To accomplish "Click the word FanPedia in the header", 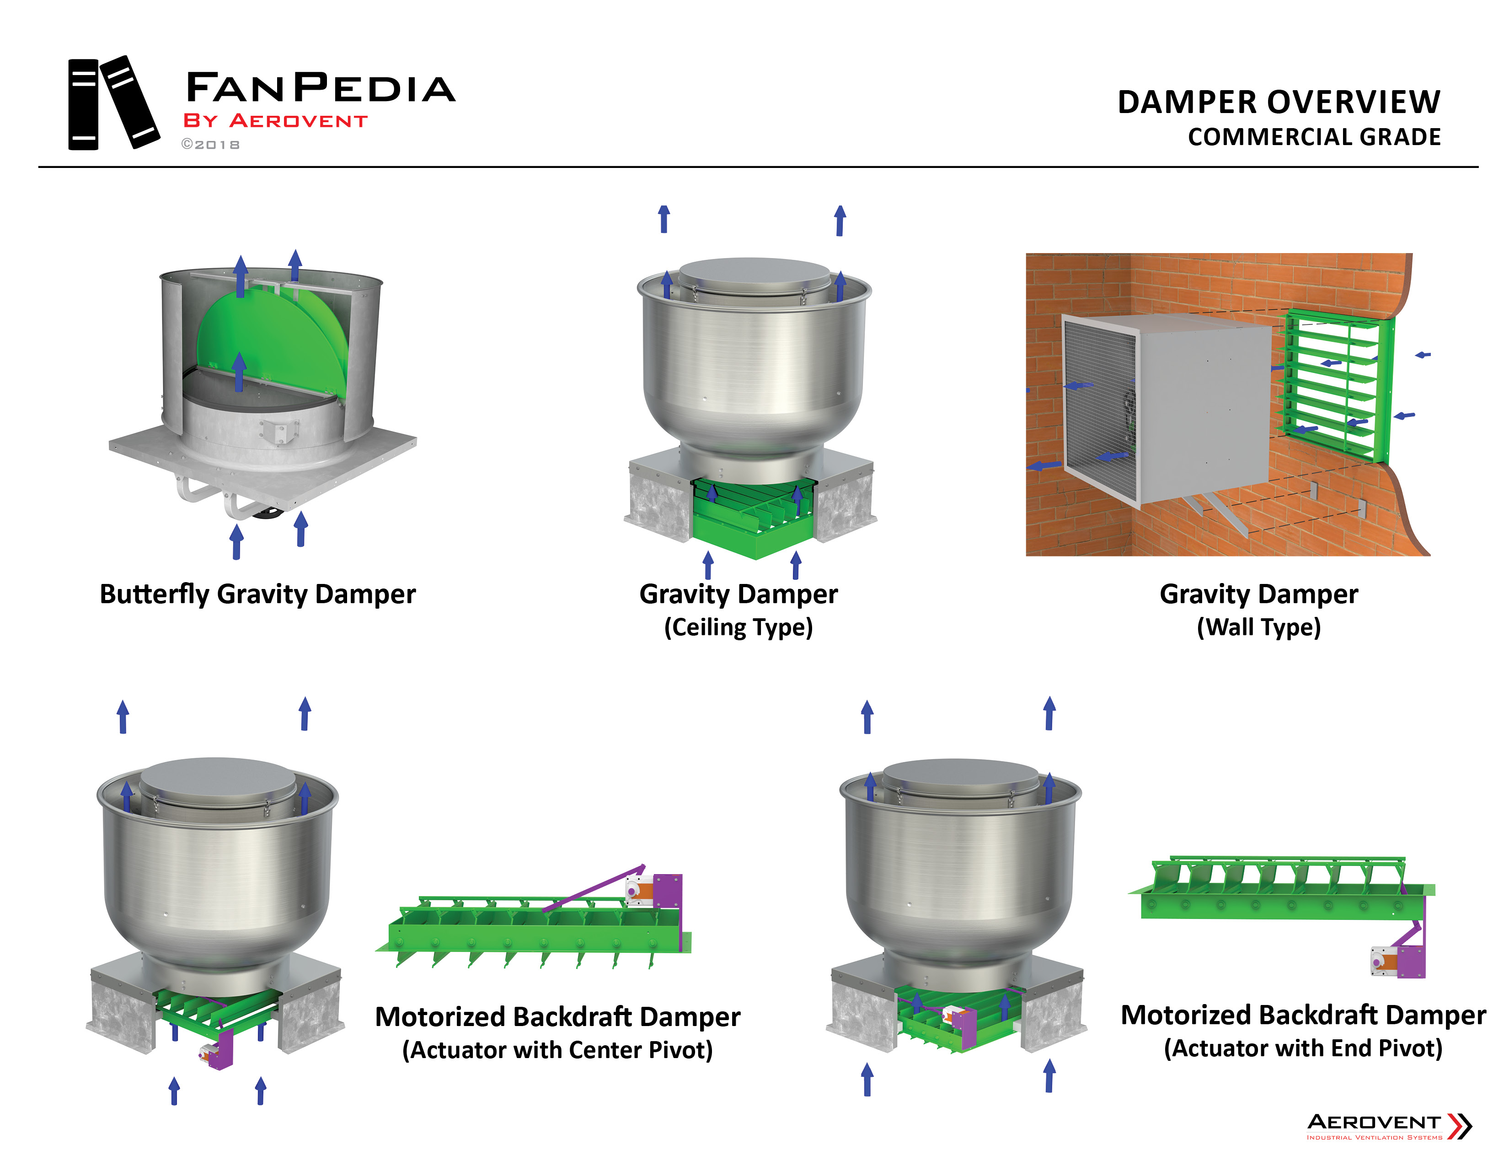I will click(320, 88).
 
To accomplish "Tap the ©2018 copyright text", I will click(211, 145).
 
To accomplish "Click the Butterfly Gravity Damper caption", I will click(258, 594).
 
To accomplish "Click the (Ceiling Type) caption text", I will click(738, 627).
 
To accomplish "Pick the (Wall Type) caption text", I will click(1258, 627).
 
